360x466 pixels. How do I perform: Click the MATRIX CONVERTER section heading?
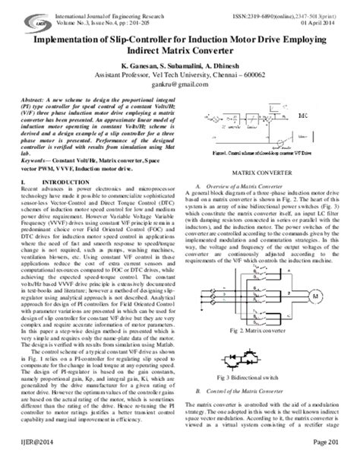[x=263, y=176]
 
